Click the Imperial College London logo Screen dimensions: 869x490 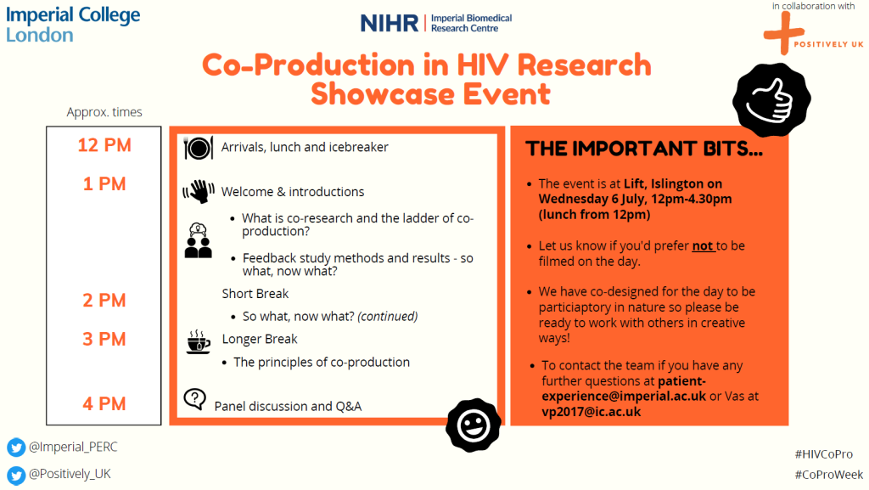pyautogui.click(x=73, y=25)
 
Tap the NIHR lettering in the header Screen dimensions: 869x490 pyautogui.click(x=390, y=23)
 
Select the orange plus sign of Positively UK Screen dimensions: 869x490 pyautogui.click(x=783, y=33)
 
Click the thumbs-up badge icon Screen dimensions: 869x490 pyautogui.click(x=771, y=99)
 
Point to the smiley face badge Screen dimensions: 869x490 pyautogui.click(x=474, y=425)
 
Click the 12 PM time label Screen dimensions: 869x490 pyautogui.click(x=104, y=145)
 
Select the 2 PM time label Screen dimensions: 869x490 pyautogui.click(x=104, y=301)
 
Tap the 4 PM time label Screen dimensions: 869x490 pyautogui.click(x=104, y=403)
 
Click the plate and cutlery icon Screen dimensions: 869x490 pyautogui.click(x=199, y=148)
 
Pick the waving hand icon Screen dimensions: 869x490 pyautogui.click(x=199, y=192)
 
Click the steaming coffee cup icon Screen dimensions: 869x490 pyautogui.click(x=198, y=342)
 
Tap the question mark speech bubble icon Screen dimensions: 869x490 pyautogui.click(x=194, y=399)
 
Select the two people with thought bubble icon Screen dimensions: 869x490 pyautogui.click(x=198, y=240)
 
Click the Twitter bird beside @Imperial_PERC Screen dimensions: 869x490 pyautogui.click(x=16, y=448)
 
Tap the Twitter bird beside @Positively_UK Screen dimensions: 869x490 pyautogui.click(x=16, y=475)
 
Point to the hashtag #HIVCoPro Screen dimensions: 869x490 pyautogui.click(x=823, y=454)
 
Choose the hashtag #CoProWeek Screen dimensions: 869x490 pyautogui.click(x=828, y=475)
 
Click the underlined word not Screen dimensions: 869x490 pyautogui.click(x=702, y=246)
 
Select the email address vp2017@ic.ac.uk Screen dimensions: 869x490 pyautogui.click(x=591, y=412)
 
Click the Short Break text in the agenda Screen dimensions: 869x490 pyautogui.click(x=255, y=294)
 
